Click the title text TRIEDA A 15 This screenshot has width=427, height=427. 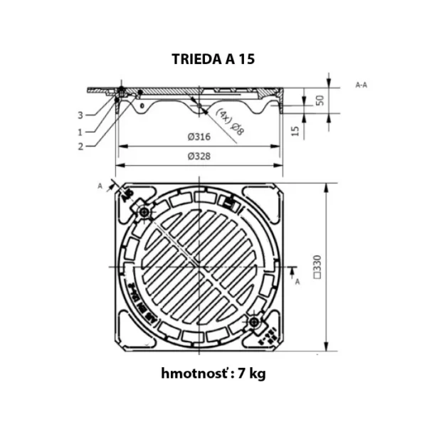213,59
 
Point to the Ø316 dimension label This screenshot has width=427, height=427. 201,137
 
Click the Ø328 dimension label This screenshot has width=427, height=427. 201,156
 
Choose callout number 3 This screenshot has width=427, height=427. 80,115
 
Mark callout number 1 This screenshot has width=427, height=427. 80,131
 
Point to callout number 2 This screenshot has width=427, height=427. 80,147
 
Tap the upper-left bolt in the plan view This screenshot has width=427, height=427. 146,213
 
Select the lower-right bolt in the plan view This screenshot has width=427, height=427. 254,322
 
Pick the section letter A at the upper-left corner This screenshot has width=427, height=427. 100,185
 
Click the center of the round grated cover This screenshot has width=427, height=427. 200,268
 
